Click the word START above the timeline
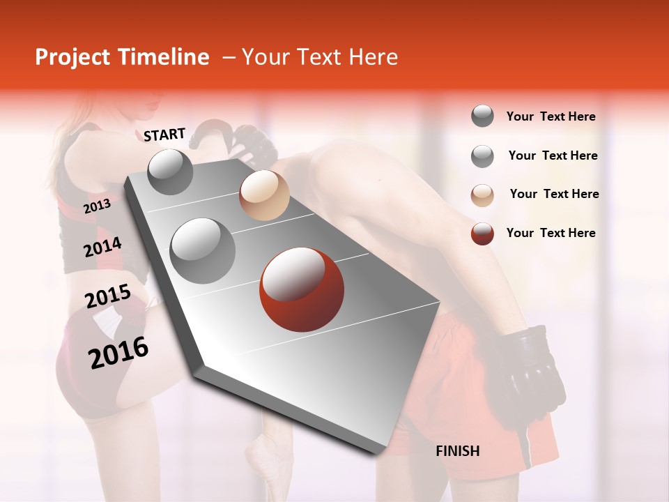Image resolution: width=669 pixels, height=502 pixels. pyautogui.click(x=164, y=135)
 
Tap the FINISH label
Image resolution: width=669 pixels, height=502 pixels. pyautogui.click(x=457, y=451)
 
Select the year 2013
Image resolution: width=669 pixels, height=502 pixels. pyautogui.click(x=97, y=206)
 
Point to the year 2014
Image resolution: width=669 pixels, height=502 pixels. pyautogui.click(x=102, y=248)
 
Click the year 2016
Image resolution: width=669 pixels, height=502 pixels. pyautogui.click(x=118, y=352)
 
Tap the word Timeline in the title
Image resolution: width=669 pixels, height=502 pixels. pyautogui.click(x=164, y=57)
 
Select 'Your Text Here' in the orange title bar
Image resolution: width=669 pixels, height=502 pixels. pyautogui.click(x=320, y=57)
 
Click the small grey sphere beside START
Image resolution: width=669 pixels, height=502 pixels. pyautogui.click(x=171, y=172)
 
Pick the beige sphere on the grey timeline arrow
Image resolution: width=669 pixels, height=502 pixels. pyautogui.click(x=264, y=195)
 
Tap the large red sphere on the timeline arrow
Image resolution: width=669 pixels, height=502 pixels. pyautogui.click(x=302, y=289)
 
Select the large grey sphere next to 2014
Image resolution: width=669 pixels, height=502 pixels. pyautogui.click(x=203, y=250)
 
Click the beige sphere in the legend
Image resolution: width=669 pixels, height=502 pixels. pyautogui.click(x=482, y=195)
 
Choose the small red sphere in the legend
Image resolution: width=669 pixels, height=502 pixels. pyautogui.click(x=482, y=234)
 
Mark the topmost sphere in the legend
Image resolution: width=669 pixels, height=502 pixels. pyautogui.click(x=482, y=116)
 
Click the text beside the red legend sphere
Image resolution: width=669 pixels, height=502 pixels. pyautogui.click(x=551, y=233)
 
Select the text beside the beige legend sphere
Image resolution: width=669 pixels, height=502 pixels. pyautogui.click(x=554, y=194)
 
